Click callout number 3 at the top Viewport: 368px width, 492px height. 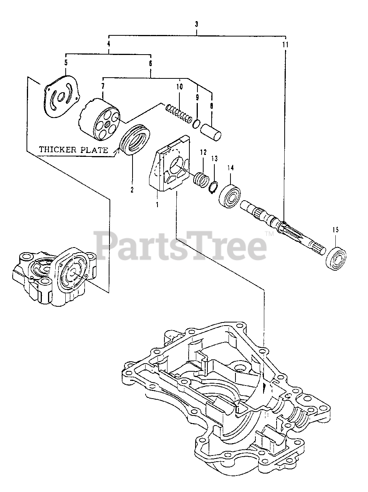tap(196, 24)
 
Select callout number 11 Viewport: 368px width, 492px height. tap(285, 45)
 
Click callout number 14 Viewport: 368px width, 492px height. tap(230, 168)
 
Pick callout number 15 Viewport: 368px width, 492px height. tap(336, 230)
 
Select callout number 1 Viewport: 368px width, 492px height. tap(157, 204)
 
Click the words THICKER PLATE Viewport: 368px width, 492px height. tap(73, 150)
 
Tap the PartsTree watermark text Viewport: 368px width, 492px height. tap(181, 243)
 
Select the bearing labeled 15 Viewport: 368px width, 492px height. tap(336, 258)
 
